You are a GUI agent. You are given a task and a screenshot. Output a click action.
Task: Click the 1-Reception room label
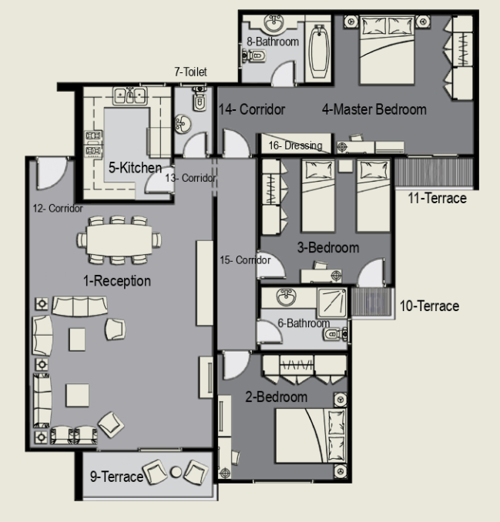point(117,281)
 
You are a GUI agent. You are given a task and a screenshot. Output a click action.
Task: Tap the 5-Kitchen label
point(136,167)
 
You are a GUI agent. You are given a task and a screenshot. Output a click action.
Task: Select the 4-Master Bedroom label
point(374,109)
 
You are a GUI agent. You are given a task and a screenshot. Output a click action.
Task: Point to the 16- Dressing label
point(296,146)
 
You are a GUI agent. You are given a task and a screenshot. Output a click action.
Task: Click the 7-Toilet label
point(190,72)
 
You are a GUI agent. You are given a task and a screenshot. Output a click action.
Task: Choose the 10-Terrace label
point(429,306)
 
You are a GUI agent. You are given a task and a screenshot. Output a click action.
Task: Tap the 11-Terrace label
point(437,198)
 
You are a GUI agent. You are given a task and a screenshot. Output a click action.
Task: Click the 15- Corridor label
point(245,260)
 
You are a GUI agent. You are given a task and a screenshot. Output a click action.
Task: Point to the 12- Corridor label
point(58,209)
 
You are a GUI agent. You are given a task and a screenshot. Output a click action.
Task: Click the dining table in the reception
point(119,239)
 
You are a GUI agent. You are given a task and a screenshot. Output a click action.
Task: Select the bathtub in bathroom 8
point(319,52)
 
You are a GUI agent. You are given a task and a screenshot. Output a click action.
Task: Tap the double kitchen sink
point(130,96)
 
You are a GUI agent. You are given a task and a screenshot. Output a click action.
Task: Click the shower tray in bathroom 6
point(332,303)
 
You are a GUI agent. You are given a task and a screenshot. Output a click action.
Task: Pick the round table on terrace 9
point(176,472)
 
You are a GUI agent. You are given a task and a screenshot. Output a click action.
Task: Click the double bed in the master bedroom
point(387,50)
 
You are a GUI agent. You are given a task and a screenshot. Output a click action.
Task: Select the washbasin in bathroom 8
point(274,23)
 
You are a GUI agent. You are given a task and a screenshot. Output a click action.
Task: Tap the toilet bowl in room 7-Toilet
point(200,101)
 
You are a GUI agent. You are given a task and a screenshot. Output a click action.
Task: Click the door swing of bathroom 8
point(284,74)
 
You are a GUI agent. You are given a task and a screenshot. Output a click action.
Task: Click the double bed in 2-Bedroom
point(310,436)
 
